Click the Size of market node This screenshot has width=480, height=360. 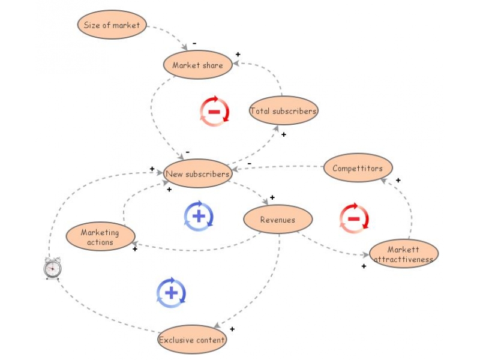coord(112,25)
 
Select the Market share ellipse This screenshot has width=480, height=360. coord(197,65)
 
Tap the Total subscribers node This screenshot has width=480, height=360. coord(283,111)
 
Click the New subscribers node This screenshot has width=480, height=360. coord(197,175)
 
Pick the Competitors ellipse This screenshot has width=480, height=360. coord(358,169)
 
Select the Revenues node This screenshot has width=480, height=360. coord(278,220)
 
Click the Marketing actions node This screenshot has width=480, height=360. coord(100,237)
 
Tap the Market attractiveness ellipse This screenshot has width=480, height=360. coord(404,254)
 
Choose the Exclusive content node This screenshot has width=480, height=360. coord(192,340)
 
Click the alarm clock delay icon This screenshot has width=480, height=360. coord(52,268)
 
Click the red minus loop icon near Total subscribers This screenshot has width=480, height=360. coord(214,112)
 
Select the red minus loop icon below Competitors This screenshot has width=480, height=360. coord(354,218)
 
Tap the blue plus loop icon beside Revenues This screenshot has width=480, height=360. coord(199,216)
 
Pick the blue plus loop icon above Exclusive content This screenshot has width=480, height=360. coord(171,293)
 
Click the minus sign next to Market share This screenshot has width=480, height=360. coord(194,44)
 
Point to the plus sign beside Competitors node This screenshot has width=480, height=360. coord(398,180)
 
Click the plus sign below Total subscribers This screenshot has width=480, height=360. coord(284,134)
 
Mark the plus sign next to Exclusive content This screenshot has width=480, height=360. coord(232,329)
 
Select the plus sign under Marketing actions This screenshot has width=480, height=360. coord(134,248)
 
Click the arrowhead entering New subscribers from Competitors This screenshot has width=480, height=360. coord(235,169)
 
